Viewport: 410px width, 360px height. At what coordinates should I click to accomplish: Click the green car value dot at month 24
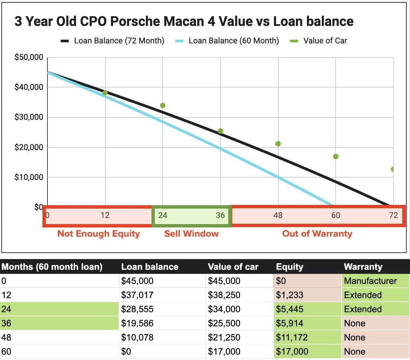pos(163,105)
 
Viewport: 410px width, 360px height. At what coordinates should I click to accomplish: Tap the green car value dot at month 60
pos(336,156)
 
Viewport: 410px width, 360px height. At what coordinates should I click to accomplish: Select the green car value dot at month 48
pos(278,144)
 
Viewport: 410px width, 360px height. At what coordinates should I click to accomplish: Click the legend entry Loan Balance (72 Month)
pos(112,41)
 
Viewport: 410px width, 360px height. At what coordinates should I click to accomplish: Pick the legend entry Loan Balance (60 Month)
pos(227,41)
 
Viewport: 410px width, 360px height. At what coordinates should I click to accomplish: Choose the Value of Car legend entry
pos(318,41)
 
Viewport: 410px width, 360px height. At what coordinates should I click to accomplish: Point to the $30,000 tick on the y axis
pos(29,117)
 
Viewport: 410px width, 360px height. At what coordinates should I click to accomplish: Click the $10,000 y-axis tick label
pos(29,177)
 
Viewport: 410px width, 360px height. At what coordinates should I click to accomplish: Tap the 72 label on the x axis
pos(393,215)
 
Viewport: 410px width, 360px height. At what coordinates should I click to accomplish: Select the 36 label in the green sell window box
pos(220,215)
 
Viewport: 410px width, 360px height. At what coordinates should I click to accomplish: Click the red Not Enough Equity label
pos(99,233)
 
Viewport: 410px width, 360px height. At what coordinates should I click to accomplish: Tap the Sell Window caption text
pos(191,233)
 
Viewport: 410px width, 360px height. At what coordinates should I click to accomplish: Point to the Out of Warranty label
pos(317,233)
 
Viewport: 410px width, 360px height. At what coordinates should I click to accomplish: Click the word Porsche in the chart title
pos(135,22)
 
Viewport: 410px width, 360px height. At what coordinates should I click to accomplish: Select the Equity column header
pos(289,267)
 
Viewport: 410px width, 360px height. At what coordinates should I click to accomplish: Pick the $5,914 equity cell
pos(289,323)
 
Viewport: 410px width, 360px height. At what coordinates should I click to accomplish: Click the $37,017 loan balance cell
pos(137,295)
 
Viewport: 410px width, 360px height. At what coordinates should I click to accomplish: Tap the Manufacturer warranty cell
pos(370,281)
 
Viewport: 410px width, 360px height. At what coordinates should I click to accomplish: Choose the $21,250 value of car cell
pos(224,337)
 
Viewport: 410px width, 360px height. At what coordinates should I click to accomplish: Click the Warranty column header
pos(363,267)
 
